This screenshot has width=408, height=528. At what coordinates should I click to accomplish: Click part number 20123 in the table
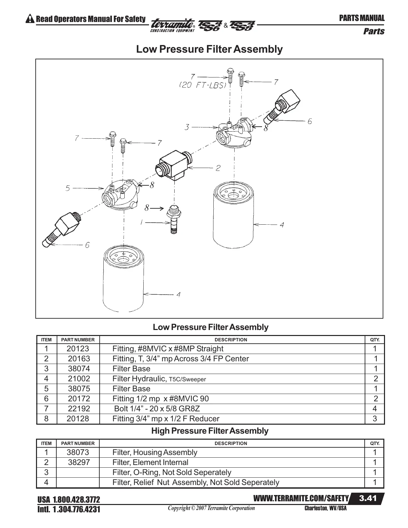[78, 349]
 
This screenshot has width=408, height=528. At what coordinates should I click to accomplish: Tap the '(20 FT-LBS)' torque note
[203, 85]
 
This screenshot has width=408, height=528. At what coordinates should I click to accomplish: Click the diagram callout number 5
[68, 188]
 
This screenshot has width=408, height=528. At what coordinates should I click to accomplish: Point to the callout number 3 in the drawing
[187, 127]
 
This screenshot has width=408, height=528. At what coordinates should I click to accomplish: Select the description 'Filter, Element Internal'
[150, 462]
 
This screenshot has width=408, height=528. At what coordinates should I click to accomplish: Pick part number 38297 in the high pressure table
[79, 462]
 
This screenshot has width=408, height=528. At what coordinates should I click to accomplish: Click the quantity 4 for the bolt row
[375, 409]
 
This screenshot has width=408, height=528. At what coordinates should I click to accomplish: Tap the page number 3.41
[368, 498]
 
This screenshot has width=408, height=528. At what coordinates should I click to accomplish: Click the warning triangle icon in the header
[30, 19]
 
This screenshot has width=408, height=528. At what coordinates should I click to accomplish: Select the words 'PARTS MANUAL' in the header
[362, 18]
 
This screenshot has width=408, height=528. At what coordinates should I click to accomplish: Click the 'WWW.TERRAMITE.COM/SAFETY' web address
[301, 499]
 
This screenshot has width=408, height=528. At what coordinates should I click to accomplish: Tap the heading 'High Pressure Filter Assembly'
[210, 431]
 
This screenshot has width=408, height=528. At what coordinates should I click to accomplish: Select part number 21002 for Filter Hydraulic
[79, 379]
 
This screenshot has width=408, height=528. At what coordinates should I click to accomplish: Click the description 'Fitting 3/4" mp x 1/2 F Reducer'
[166, 419]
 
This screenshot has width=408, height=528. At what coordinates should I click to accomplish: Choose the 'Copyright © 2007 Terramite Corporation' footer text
[211, 508]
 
